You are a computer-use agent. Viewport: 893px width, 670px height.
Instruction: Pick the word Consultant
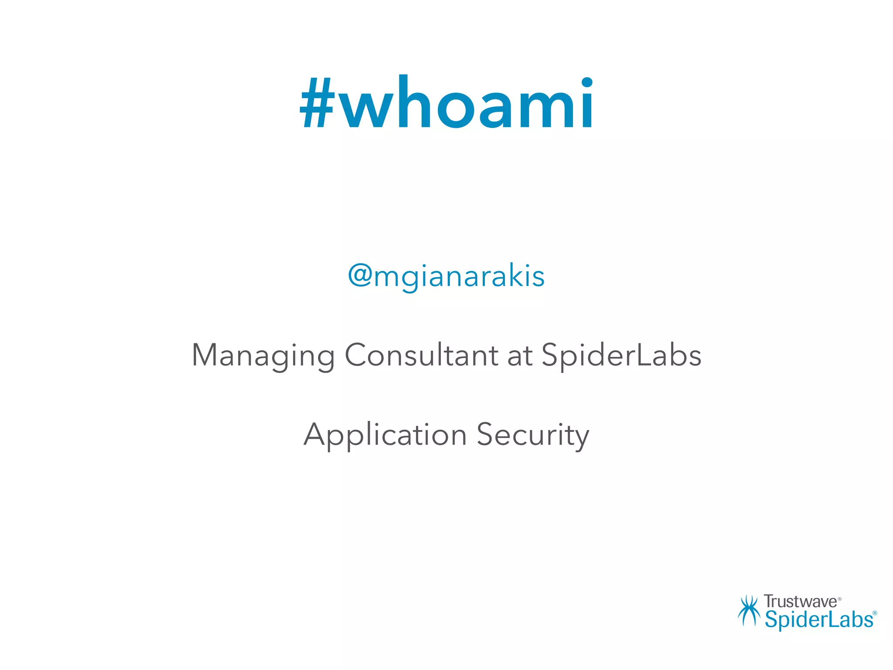421,355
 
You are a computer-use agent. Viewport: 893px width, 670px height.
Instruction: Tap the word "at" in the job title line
520,356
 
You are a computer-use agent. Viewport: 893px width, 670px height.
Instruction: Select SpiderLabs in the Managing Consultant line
621,356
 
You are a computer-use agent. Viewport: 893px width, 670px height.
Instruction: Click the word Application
385,435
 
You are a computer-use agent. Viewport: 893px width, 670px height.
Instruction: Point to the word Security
533,435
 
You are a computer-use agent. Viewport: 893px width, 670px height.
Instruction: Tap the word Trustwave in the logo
801,602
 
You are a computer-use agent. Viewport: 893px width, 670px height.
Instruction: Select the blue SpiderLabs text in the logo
819,619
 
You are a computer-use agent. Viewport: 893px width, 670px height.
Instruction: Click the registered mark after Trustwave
840,599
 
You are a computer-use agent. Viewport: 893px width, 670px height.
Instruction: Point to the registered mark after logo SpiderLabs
874,613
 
